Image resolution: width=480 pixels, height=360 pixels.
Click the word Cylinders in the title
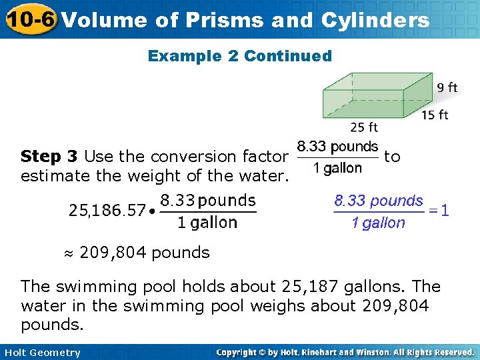tap(375, 21)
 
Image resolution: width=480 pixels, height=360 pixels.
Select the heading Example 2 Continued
tap(239, 56)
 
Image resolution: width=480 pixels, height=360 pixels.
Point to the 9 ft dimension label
tap(447, 87)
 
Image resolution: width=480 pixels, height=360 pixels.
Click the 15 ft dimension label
tap(435, 115)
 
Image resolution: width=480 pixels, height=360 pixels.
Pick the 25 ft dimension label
tap(364, 127)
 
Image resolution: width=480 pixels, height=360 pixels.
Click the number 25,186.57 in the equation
tap(107, 211)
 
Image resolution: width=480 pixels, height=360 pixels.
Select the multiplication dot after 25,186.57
tap(153, 212)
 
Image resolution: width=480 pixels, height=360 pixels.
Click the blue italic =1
tap(438, 211)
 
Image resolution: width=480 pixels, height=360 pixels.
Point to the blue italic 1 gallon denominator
tap(378, 223)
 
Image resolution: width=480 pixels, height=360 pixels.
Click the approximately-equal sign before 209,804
tap(68, 253)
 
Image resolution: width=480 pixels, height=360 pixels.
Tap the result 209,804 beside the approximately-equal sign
tap(111, 253)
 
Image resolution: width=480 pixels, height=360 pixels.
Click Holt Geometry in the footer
tap(41, 353)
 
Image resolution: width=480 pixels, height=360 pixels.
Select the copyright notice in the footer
tap(345, 352)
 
